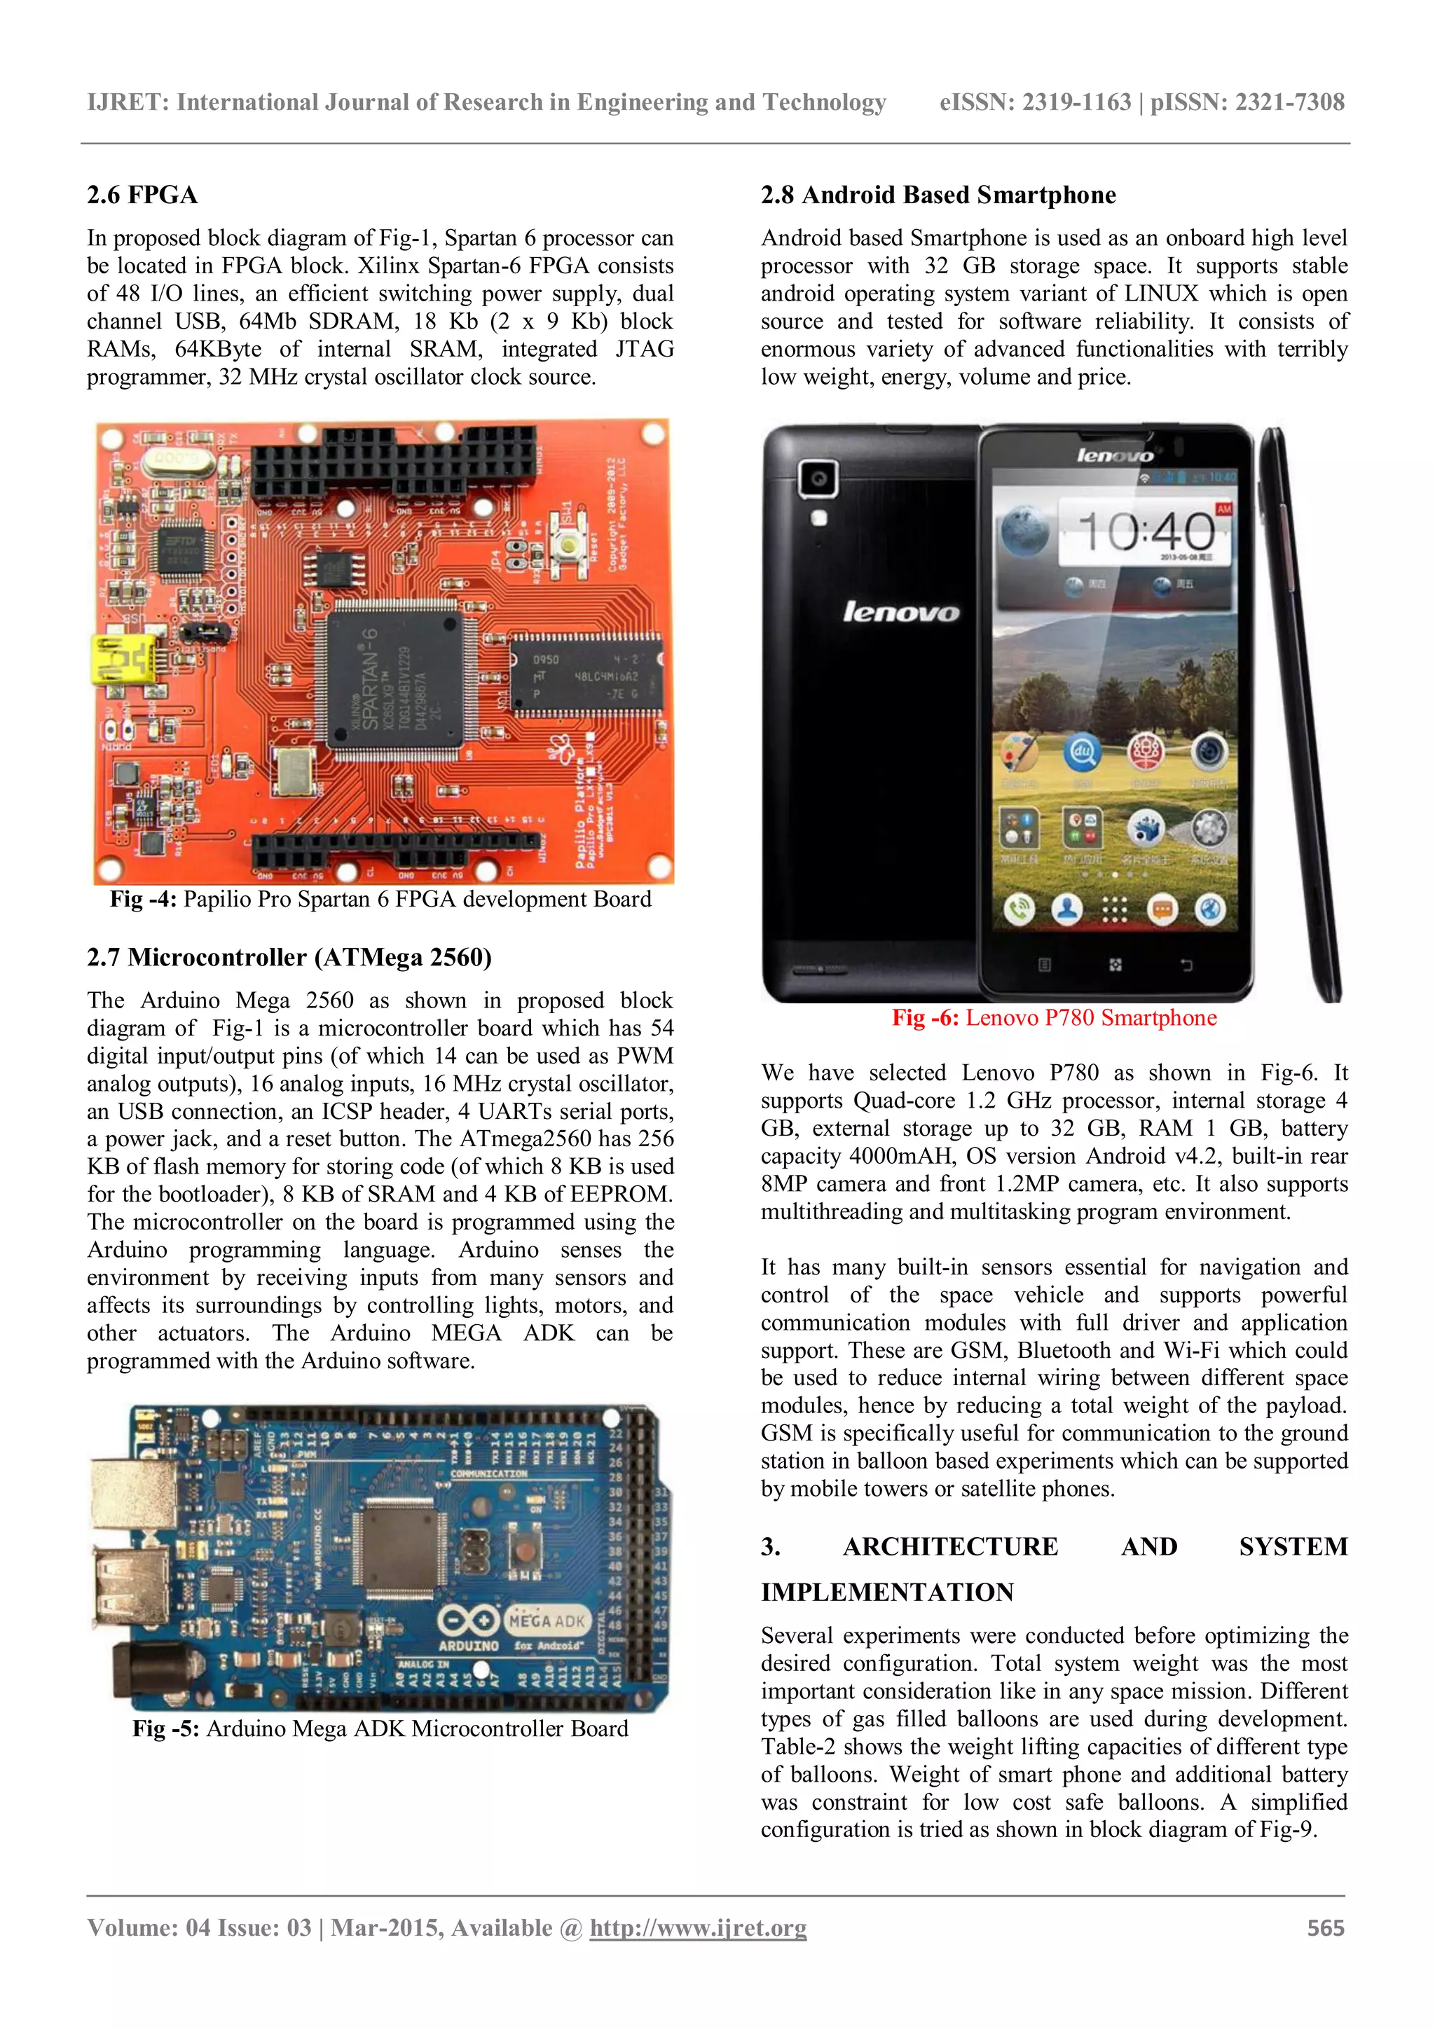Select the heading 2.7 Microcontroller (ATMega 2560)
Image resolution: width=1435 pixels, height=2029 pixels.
pos(289,957)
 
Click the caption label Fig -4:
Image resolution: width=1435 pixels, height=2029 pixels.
pos(143,900)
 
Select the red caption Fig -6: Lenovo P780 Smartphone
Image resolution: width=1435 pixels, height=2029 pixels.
pos(1054,1018)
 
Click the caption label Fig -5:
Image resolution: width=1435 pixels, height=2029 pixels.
pos(166,1729)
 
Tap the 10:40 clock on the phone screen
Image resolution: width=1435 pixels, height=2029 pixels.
pos(1146,532)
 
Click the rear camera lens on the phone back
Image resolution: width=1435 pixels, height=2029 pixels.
pos(819,480)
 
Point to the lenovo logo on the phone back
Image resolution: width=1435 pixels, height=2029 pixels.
pos(900,612)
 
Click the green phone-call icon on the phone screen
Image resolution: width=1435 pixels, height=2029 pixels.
pos(1019,909)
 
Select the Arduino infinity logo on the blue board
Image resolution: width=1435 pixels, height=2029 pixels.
pos(468,1621)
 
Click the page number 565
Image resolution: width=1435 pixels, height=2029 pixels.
pos(1326,1928)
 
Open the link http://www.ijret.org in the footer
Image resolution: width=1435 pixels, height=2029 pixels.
pos(698,1928)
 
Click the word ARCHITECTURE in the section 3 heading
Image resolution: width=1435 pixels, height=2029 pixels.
pos(950,1546)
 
